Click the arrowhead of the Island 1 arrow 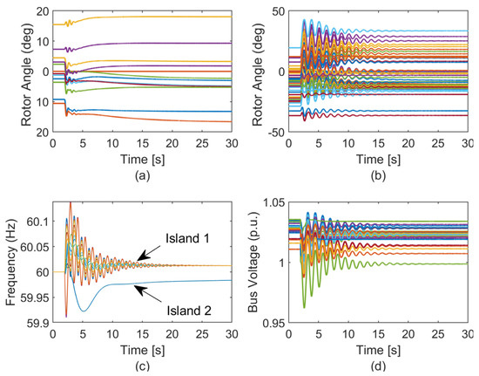[139, 261]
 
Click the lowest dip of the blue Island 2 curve [82, 311]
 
